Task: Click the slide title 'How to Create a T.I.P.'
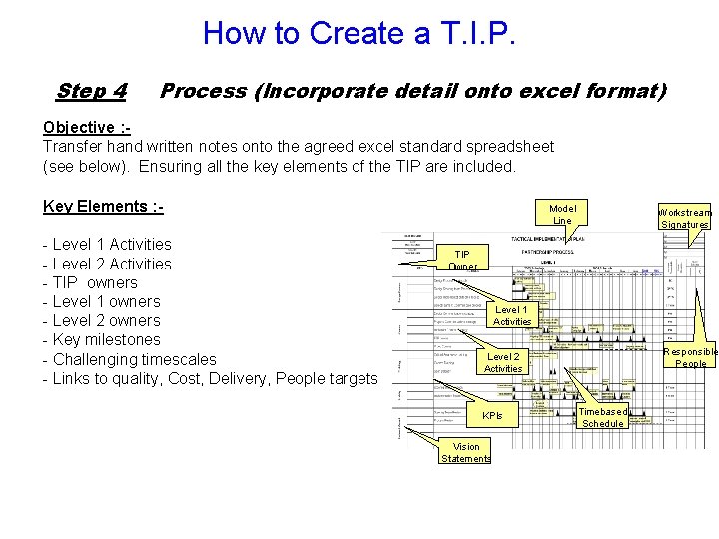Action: pyautogui.click(x=359, y=33)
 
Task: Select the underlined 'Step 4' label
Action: pyautogui.click(x=91, y=91)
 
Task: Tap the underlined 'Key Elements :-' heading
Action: pyautogui.click(x=103, y=206)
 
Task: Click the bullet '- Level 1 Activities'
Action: pyautogui.click(x=107, y=244)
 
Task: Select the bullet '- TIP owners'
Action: pyautogui.click(x=90, y=282)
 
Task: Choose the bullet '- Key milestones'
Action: pyautogui.click(x=101, y=339)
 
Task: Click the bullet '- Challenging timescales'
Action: pyautogui.click(x=129, y=359)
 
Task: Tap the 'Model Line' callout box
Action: pyautogui.click(x=562, y=214)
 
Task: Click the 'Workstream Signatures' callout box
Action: pyautogui.click(x=684, y=218)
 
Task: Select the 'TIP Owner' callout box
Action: pyautogui.click(x=462, y=260)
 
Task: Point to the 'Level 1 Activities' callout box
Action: pyautogui.click(x=512, y=316)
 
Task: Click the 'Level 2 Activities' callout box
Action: pyautogui.click(x=502, y=362)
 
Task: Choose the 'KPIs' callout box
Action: pyautogui.click(x=492, y=415)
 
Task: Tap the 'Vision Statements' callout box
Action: pyautogui.click(x=465, y=452)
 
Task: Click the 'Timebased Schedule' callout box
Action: pyautogui.click(x=602, y=417)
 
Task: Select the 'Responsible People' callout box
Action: pyautogui.click(x=691, y=357)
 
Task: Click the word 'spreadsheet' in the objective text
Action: pyautogui.click(x=512, y=146)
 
